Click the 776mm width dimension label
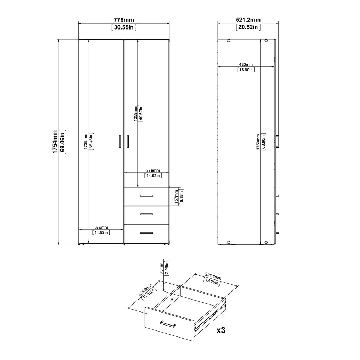point(124,20)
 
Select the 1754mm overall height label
point(55,142)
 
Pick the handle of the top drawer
point(146,195)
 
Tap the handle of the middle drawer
point(146,214)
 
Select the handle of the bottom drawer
point(146,233)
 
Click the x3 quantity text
point(220,330)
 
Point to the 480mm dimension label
point(246,65)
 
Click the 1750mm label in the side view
point(258,142)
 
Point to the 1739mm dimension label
point(85,141)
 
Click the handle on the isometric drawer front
point(168,324)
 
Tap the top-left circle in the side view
point(229,41)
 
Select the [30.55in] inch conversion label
point(124,27)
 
